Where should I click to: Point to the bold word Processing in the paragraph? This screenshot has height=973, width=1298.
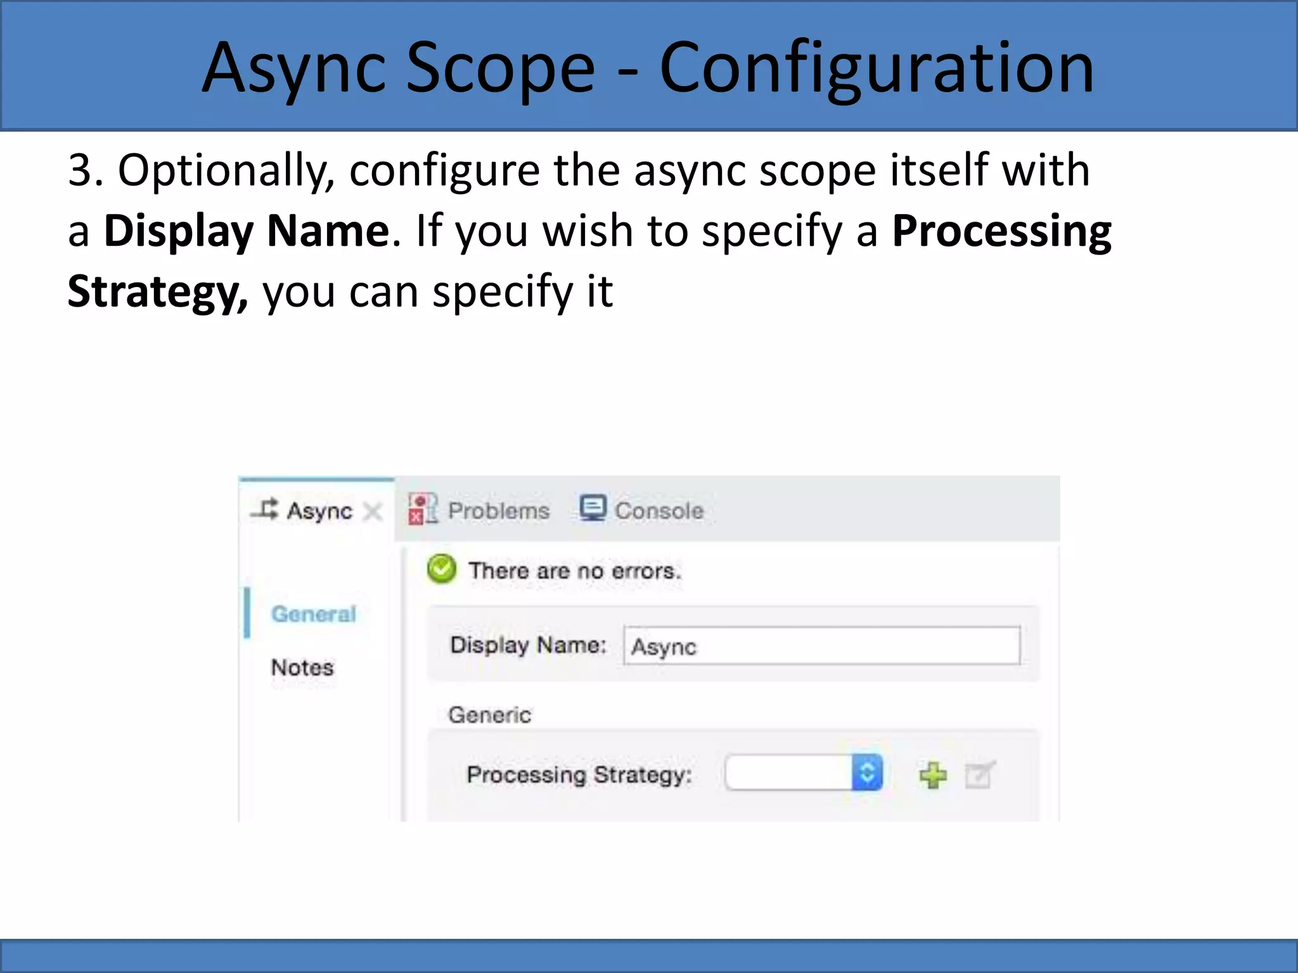[1001, 231]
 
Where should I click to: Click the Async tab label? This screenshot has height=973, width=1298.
[319, 511]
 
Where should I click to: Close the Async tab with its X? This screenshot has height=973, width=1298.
[373, 511]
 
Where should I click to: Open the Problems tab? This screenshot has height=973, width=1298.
[498, 511]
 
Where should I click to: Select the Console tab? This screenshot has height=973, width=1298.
[659, 511]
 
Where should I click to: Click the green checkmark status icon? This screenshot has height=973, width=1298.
[442, 569]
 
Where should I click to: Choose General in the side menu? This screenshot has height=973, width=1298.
[314, 614]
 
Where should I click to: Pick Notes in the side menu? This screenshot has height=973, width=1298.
[302, 667]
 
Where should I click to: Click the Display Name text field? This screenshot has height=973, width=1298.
[821, 646]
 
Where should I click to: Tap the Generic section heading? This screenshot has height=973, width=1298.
[489, 715]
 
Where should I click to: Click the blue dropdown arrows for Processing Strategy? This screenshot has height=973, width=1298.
[867, 773]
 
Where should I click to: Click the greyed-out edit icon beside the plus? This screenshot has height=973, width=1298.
[979, 775]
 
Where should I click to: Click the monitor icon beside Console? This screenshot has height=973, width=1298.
[593, 508]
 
